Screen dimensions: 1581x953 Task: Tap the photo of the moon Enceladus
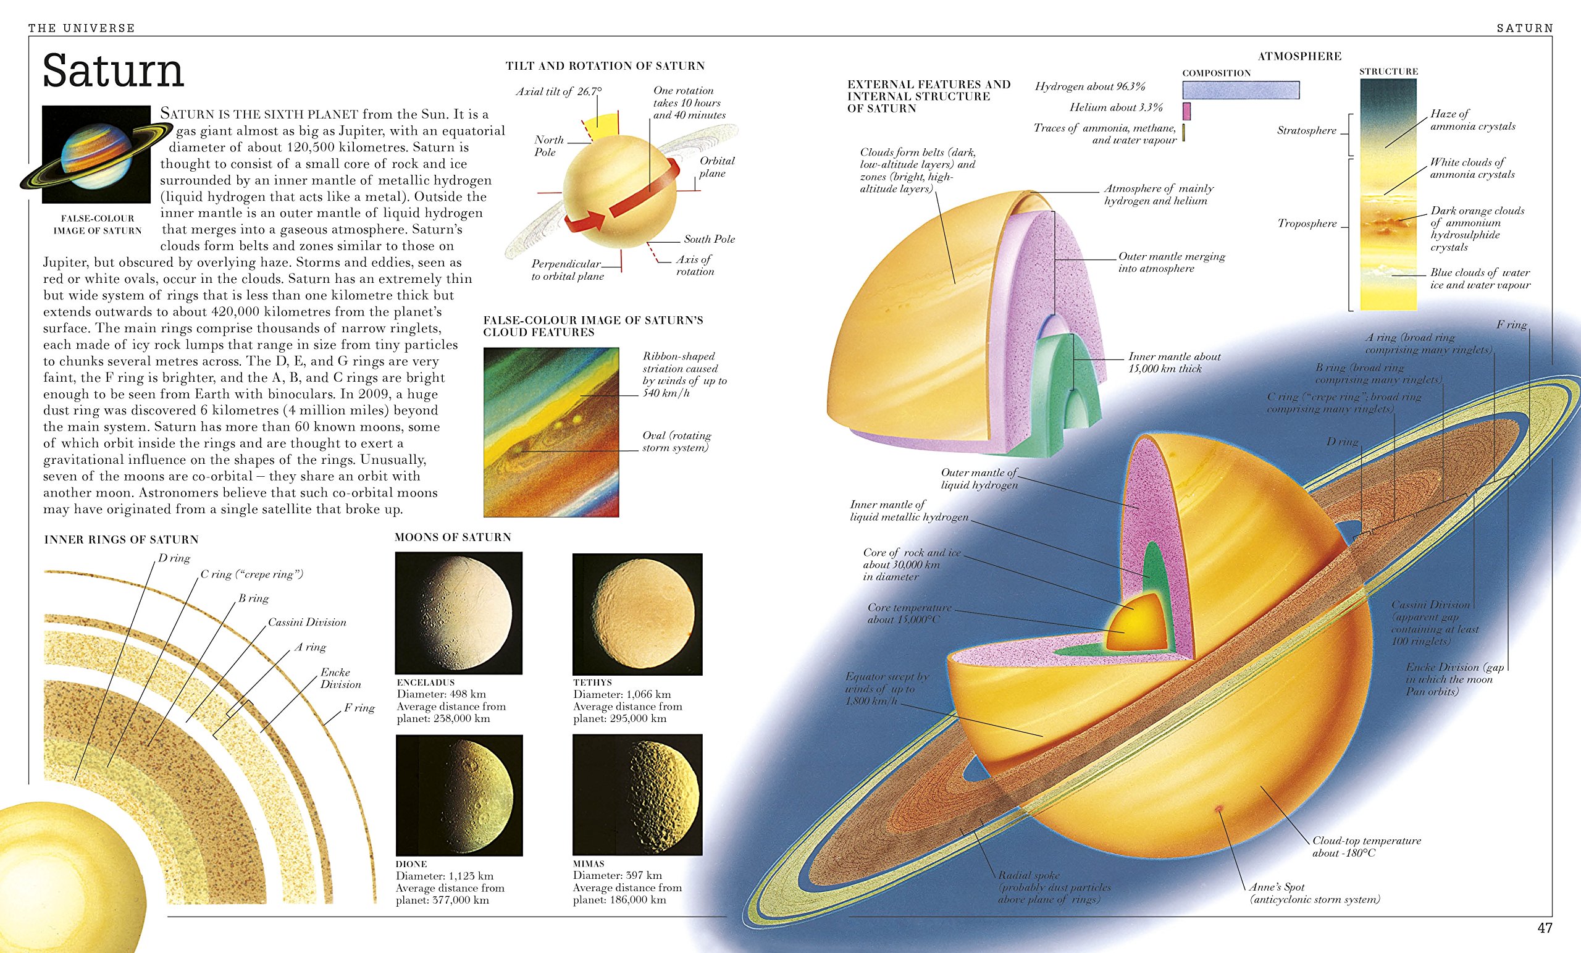tap(459, 612)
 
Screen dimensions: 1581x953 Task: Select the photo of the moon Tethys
tap(637, 613)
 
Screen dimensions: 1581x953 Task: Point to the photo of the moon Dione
tap(459, 795)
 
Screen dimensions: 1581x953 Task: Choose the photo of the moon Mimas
tap(637, 794)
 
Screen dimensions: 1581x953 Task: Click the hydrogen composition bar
tap(1241, 90)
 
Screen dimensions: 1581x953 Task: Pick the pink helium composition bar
tap(1186, 111)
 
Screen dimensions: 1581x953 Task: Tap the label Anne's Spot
tap(1277, 887)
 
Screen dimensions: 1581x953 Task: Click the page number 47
tap(1545, 928)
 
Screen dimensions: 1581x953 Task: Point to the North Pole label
tap(548, 146)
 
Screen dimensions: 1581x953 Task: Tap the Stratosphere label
tap(1306, 130)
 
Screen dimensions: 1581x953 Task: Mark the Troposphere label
tap(1307, 224)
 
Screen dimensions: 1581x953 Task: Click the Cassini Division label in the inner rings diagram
tap(307, 622)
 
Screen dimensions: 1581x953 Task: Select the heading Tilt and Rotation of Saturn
tap(605, 65)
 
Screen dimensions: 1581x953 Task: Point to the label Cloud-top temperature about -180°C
tap(1367, 847)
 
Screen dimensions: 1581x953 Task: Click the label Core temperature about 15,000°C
tap(909, 613)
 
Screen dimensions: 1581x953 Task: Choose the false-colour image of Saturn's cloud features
tap(551, 432)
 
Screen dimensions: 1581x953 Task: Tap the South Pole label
tap(709, 239)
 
